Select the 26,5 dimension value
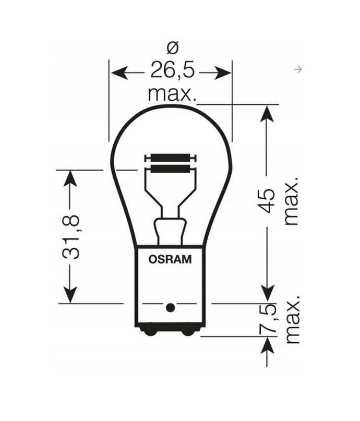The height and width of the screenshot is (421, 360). [x=171, y=70]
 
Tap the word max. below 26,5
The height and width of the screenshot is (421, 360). [x=172, y=94]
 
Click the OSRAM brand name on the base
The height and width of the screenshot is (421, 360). [x=170, y=258]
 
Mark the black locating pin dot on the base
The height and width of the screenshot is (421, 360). [x=170, y=307]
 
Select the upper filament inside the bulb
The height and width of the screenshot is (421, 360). [x=170, y=158]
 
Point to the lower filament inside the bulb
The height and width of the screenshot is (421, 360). [x=170, y=169]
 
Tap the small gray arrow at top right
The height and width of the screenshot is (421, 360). [x=298, y=69]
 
